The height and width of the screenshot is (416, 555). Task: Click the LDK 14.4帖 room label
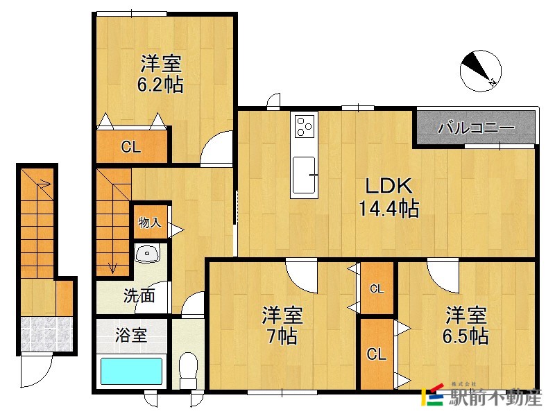pyautogui.click(x=388, y=197)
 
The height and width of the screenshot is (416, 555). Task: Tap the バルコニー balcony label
pyautogui.click(x=476, y=128)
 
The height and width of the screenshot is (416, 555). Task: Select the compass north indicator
pyautogui.click(x=481, y=69)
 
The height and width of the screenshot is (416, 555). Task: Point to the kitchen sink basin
pyautogui.click(x=305, y=174)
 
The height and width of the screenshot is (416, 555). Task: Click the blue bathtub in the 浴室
pyautogui.click(x=131, y=370)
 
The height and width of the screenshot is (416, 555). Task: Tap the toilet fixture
pyautogui.click(x=188, y=370)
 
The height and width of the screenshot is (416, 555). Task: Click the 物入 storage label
pyautogui.click(x=149, y=223)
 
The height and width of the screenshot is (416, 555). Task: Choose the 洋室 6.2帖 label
pyautogui.click(x=161, y=74)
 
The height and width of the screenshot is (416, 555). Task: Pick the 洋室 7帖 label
pyautogui.click(x=282, y=326)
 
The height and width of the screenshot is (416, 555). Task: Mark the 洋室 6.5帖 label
pyautogui.click(x=466, y=326)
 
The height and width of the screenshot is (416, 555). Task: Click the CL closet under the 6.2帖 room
pyautogui.click(x=131, y=146)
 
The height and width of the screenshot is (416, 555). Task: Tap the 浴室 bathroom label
pyautogui.click(x=130, y=336)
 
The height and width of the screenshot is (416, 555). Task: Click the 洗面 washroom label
pyautogui.click(x=139, y=296)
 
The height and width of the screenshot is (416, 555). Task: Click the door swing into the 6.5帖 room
pyautogui.click(x=441, y=272)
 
